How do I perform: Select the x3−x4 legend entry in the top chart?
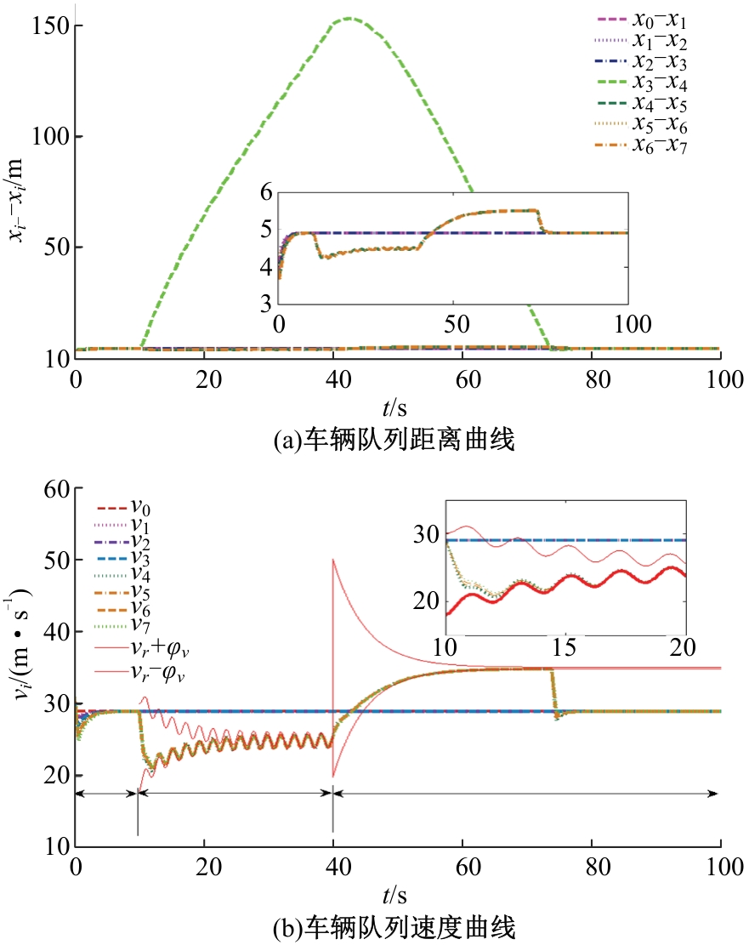641,83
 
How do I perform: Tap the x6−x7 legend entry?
641,145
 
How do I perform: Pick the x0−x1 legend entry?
641,20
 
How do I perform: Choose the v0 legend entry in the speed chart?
122,508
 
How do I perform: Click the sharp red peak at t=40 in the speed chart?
333,560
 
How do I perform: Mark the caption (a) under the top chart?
394,440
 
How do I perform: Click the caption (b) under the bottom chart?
394,928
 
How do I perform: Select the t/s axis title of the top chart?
394,408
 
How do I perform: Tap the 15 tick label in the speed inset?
564,647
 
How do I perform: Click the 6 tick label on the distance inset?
266,193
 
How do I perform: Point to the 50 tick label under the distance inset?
457,324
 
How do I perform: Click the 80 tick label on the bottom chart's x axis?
598,868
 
